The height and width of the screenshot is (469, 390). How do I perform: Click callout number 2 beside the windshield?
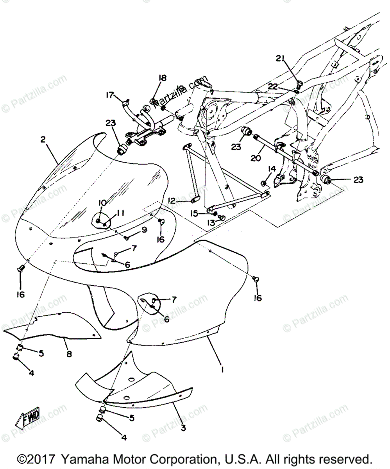tap(43, 140)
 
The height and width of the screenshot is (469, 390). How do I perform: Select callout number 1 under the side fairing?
tap(222, 369)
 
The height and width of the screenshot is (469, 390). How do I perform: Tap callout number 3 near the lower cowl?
tap(182, 427)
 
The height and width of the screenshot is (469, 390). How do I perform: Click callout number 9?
tap(144, 231)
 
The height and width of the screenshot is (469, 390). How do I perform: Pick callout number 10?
tap(102, 203)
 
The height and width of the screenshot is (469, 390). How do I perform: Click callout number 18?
tap(162, 78)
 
